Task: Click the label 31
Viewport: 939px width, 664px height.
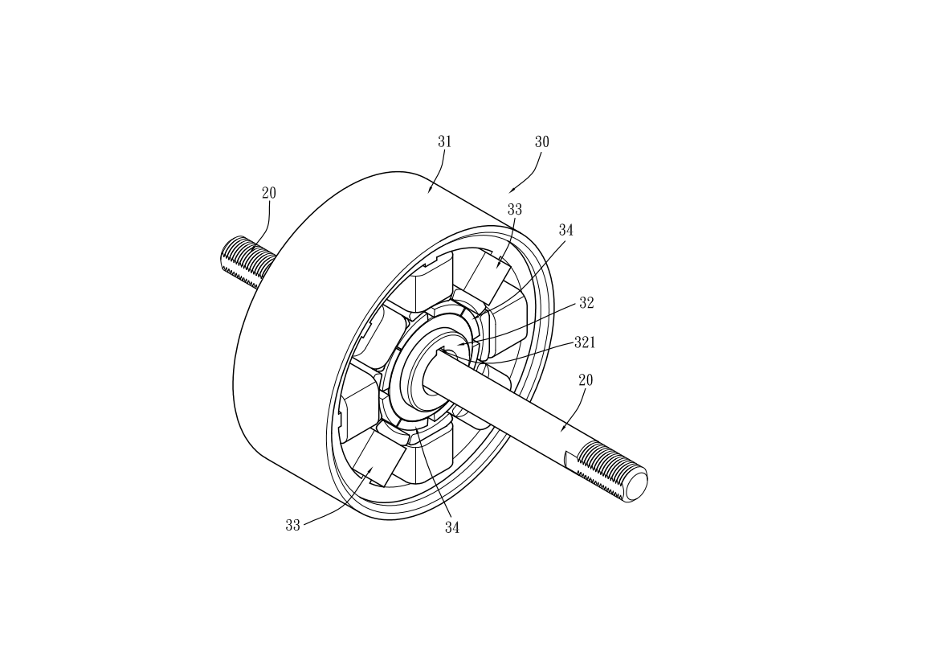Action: (x=444, y=142)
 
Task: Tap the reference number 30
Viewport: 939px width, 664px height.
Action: (x=541, y=142)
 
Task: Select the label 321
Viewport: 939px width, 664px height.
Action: (x=585, y=342)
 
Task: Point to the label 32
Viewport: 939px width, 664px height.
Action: (x=586, y=303)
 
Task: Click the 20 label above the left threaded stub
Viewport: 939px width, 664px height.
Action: (x=269, y=193)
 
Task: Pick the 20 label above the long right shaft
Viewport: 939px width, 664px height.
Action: (x=586, y=380)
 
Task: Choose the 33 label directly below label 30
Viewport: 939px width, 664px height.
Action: (x=514, y=210)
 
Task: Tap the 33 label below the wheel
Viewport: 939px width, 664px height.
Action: (x=292, y=526)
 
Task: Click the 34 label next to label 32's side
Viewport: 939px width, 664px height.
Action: (x=566, y=230)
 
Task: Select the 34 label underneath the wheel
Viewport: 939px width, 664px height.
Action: (x=452, y=527)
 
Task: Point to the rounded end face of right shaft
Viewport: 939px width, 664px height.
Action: (x=636, y=485)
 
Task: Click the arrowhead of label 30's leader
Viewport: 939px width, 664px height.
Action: (x=511, y=191)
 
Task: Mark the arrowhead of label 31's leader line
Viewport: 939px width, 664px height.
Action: (x=430, y=191)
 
